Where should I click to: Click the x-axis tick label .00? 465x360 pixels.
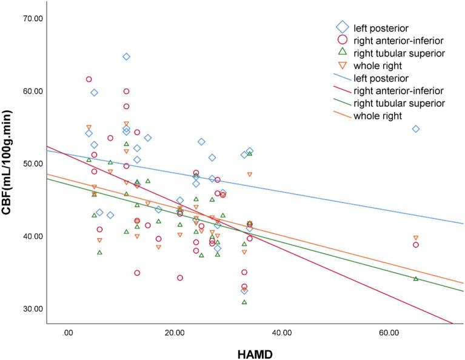(x=68, y=333)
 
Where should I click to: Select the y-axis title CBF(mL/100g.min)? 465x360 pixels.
(x=10, y=164)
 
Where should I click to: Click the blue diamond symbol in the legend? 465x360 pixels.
(x=343, y=27)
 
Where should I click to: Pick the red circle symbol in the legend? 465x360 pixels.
(x=343, y=41)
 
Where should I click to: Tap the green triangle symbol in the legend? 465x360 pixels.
(x=343, y=53)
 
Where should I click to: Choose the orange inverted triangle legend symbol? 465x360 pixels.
(x=343, y=66)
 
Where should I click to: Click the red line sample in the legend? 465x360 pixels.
(x=343, y=91)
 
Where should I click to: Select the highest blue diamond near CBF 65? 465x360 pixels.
(x=126, y=56)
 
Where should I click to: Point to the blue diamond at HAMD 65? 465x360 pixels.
(x=416, y=129)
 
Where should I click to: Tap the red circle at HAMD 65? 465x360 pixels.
(x=416, y=245)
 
